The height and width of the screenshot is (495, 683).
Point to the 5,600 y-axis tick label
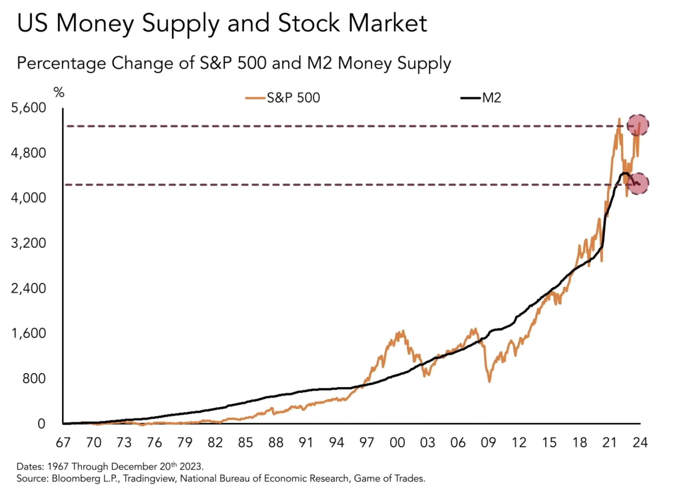28,108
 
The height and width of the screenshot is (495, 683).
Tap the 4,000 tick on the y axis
28,198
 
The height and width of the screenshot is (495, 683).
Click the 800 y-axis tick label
34,379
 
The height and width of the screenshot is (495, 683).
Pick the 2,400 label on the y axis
28,288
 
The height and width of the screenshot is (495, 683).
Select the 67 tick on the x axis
63,442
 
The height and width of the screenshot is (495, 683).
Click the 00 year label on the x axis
397,442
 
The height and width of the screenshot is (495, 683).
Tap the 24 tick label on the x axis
640,442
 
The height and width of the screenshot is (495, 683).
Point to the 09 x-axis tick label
488,442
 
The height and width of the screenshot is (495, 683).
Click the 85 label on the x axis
245,442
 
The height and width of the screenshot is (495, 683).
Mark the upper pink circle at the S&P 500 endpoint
638,125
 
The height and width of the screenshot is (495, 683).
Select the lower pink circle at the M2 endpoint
638,184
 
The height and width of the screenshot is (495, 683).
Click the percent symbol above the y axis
59,93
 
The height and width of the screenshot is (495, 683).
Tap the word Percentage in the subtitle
61,63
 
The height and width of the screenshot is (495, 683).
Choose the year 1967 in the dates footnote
58,467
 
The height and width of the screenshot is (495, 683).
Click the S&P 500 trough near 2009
489,381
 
